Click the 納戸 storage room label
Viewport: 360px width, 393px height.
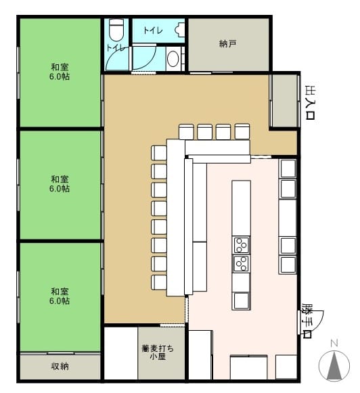(227, 44)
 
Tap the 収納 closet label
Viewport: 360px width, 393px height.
(60, 366)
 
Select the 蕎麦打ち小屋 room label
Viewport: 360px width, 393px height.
(158, 352)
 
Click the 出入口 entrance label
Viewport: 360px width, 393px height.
(310, 103)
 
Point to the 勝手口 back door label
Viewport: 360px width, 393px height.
(307, 321)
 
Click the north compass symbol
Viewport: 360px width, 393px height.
(334, 363)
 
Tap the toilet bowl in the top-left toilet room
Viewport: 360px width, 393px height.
(116, 30)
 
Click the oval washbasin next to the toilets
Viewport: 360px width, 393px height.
(173, 59)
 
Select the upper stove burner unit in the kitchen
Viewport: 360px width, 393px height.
(241, 245)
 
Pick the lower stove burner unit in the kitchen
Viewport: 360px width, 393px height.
(241, 263)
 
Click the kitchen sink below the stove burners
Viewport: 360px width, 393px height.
(241, 300)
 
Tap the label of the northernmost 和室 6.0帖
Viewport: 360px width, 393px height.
(60, 72)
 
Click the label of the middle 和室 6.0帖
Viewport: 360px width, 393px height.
(60, 184)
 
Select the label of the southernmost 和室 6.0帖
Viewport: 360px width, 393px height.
(60, 296)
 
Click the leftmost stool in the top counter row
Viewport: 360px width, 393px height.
(186, 132)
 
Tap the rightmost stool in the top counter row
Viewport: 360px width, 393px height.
(242, 132)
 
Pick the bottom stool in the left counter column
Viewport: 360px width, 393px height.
(159, 283)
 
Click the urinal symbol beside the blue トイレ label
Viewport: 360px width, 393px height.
(180, 30)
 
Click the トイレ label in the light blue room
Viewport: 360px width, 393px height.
(153, 30)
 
